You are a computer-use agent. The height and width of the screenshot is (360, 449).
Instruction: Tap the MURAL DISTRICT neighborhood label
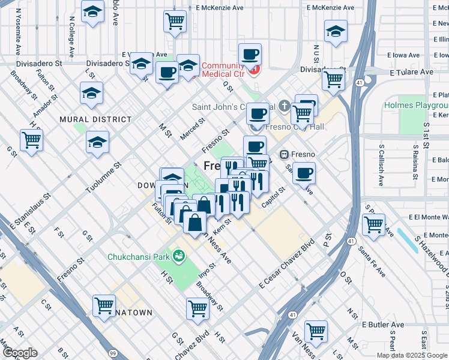[x=86, y=119]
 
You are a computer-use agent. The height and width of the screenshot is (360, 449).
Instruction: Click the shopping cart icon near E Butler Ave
[x=315, y=330]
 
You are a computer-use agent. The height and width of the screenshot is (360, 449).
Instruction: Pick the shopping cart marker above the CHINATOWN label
[x=104, y=305]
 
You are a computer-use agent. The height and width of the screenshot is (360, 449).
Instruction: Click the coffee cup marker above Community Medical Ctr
[x=250, y=55]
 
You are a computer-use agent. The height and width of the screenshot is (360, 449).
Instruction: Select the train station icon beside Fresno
[x=285, y=154]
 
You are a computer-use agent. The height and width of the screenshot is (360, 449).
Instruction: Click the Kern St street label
[x=222, y=224]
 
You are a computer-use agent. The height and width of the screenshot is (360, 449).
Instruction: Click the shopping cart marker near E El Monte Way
[x=374, y=225]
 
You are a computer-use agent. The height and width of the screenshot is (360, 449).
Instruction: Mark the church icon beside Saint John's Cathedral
[x=284, y=107]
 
